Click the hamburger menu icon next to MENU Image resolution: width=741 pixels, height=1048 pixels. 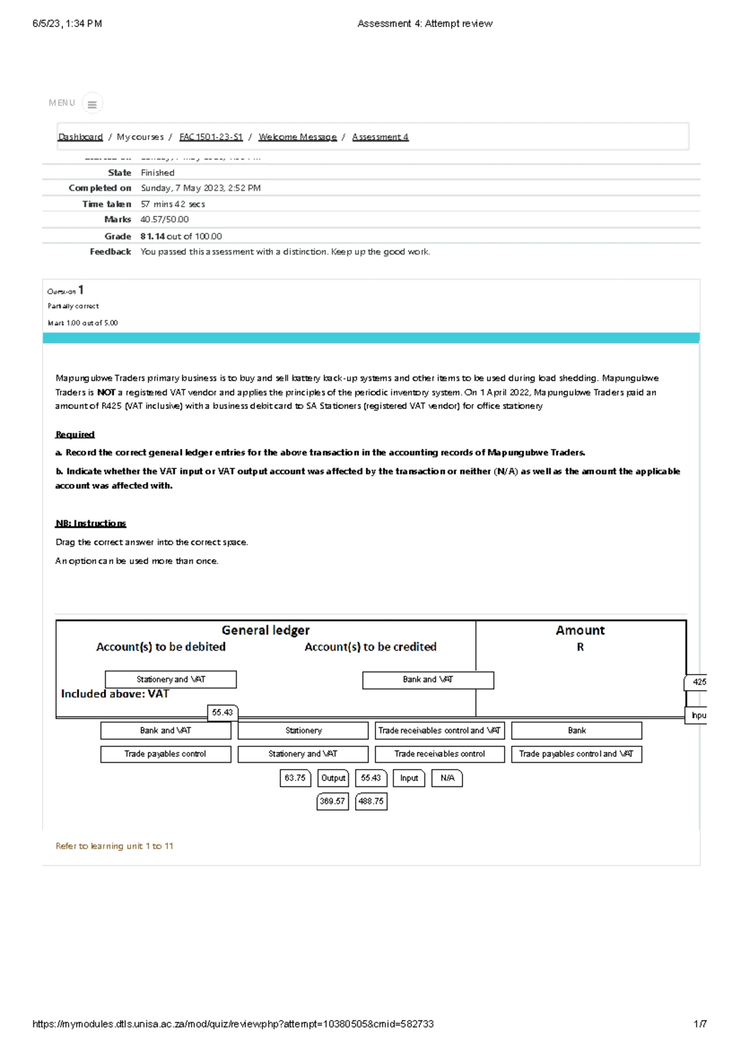coord(92,104)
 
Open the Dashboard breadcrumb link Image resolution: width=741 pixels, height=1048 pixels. coord(80,137)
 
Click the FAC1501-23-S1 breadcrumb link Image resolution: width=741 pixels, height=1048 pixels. coord(211,137)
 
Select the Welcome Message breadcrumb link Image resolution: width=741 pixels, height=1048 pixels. coord(298,137)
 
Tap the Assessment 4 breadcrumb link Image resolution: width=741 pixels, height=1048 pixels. coord(380,137)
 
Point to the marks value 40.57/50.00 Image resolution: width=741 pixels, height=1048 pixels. coord(164,220)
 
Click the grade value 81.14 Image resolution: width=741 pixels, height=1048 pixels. coord(153,236)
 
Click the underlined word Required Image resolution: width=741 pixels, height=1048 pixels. coord(75,435)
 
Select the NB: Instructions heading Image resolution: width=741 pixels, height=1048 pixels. coord(91,523)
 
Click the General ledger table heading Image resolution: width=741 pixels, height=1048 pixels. coord(266,630)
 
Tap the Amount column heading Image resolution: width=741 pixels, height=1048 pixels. coord(580,630)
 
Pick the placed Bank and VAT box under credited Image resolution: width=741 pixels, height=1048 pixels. coord(428,680)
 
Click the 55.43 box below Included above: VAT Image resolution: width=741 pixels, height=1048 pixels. coord(222,713)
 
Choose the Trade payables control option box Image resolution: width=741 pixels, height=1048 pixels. coord(165,754)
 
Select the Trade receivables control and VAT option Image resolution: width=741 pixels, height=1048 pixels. coord(440,731)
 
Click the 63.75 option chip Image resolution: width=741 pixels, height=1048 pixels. coord(295,778)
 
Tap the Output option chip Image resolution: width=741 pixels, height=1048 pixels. coord(333,778)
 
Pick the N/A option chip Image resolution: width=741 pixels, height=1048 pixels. coord(447,778)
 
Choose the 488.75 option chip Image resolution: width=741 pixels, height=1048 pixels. coord(371,802)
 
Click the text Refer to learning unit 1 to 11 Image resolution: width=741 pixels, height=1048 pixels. coord(114,846)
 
